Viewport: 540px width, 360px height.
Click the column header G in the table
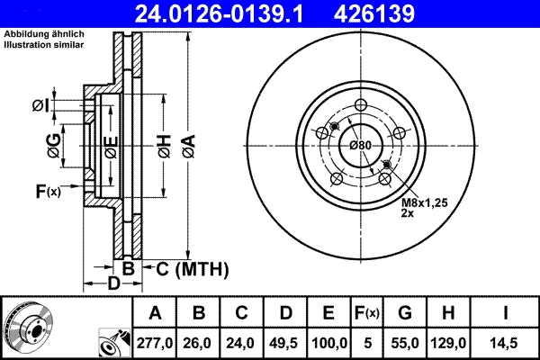404,312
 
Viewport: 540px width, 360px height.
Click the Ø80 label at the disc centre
360,146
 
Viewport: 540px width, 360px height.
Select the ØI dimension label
40,106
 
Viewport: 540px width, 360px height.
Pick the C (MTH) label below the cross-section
192,269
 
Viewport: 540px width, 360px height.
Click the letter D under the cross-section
113,284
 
